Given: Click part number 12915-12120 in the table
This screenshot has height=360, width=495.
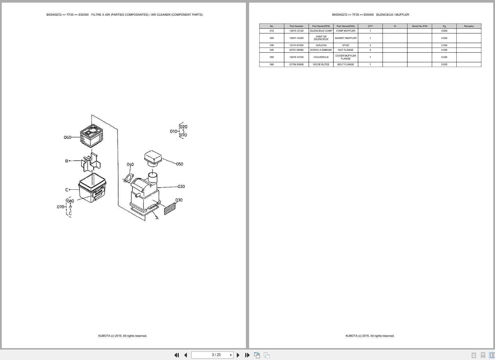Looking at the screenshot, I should point(296,31).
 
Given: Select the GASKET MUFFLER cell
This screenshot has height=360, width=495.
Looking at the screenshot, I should point(346,38).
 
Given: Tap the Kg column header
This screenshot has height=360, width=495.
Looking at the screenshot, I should point(444,26).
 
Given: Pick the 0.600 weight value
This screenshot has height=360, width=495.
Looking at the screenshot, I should point(444,31).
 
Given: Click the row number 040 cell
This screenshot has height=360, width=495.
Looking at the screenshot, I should point(272,50).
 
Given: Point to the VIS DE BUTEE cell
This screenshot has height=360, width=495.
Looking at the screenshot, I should point(321,64).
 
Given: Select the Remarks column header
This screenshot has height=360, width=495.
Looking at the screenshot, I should point(469,26).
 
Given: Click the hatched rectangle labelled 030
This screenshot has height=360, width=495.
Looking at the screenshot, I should point(170,209).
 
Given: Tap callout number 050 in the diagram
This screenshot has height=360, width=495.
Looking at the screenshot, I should point(179,164).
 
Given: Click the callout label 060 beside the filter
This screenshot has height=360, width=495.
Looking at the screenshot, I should point(67,138).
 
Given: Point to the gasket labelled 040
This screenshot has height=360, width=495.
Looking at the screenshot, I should point(128,178).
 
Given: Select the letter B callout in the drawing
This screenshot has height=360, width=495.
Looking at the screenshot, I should point(67,161).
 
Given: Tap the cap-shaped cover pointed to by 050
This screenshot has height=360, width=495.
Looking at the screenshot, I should point(153,158).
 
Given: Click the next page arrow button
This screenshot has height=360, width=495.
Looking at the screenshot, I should point(238,355).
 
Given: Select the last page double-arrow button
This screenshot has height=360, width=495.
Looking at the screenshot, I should point(247,355).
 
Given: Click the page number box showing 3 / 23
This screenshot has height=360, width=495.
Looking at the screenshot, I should point(212,355).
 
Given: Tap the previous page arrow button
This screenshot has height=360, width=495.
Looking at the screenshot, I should point(186,355).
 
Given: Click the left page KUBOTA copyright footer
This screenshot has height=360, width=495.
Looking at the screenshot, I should point(122,336).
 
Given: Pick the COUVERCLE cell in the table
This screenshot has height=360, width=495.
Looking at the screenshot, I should point(321,57).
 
